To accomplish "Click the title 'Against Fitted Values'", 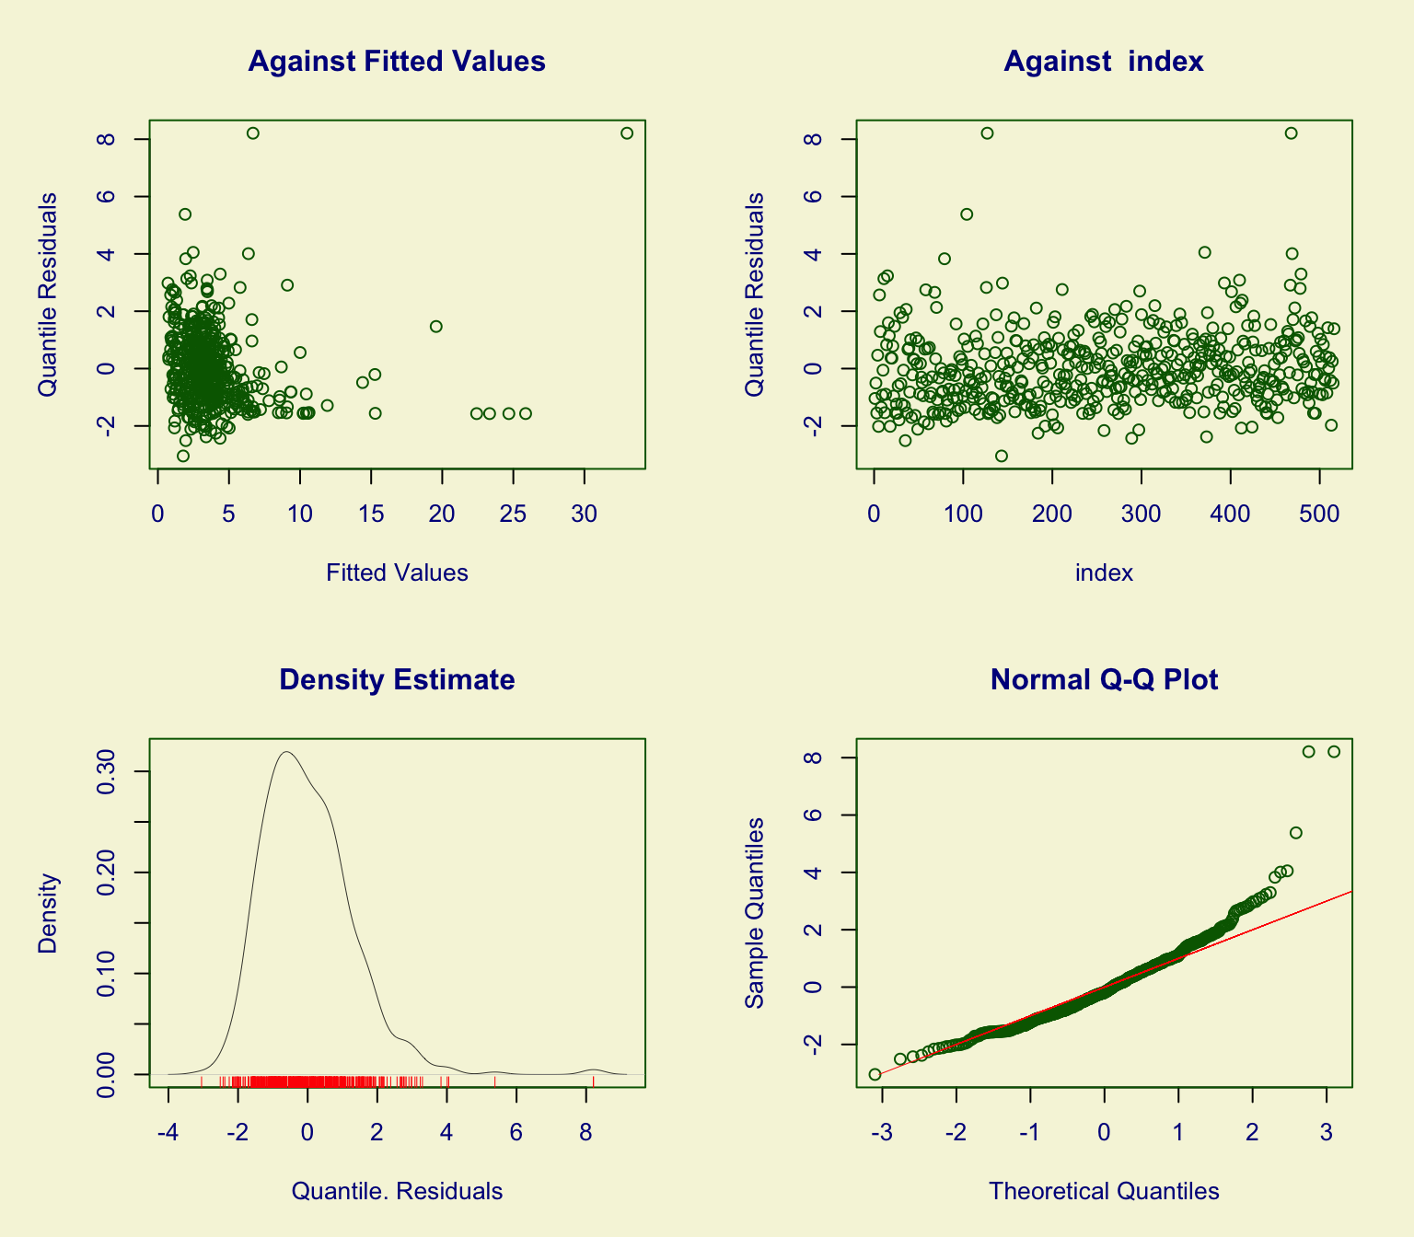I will (397, 62).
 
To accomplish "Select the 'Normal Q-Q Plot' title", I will (1104, 680).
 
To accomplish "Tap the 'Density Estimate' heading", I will (397, 680).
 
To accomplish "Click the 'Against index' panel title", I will (1104, 62).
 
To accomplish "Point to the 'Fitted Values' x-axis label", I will (397, 573).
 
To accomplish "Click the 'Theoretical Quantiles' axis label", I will (1104, 1192).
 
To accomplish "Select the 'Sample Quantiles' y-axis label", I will (755, 912).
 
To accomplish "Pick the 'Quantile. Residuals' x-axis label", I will (397, 1192).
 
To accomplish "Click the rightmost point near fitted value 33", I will (627, 133).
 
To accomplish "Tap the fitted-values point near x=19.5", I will (436, 327).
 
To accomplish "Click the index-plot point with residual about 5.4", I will (967, 214).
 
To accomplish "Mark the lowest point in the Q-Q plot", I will (875, 1074).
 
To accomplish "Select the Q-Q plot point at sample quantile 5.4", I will (1295, 833).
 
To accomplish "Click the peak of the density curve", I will (287, 752).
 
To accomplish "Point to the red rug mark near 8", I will (593, 1081).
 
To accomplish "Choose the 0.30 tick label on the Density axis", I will (107, 771).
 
